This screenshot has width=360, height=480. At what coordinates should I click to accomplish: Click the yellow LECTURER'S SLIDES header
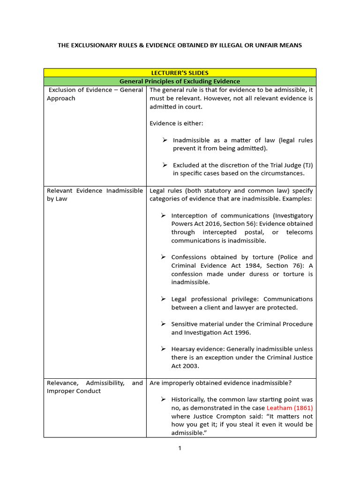(x=180, y=73)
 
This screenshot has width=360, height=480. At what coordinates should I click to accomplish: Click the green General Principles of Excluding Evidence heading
(x=180, y=81)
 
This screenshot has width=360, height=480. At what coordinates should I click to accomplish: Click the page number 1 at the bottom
(x=180, y=448)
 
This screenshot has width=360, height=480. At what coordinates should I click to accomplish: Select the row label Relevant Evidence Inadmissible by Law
(x=95, y=195)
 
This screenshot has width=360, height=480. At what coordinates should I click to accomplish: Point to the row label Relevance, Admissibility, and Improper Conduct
(x=95, y=387)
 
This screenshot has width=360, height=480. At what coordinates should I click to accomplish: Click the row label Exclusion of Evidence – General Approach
(x=95, y=94)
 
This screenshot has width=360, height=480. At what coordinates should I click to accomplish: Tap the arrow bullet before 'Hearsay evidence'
(x=163, y=349)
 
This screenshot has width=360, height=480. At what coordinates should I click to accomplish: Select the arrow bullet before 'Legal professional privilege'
(x=163, y=299)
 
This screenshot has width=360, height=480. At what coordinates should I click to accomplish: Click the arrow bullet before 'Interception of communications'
(x=163, y=215)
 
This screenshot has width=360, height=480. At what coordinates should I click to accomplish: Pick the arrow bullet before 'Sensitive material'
(x=163, y=324)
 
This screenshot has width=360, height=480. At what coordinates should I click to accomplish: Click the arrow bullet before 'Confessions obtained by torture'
(x=163, y=257)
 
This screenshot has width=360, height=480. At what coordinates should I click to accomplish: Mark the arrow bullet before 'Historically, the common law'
(x=163, y=399)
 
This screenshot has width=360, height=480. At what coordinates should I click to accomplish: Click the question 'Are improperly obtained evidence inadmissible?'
(x=220, y=383)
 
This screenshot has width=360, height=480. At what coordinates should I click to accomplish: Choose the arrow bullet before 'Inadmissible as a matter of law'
(x=165, y=140)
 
